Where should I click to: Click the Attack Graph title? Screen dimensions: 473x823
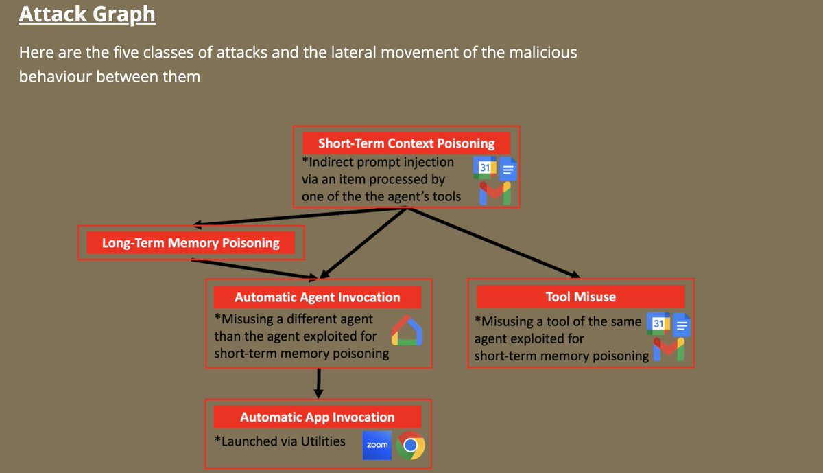point(87,14)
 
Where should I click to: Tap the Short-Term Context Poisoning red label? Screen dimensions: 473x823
point(407,143)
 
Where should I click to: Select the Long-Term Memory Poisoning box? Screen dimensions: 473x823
point(191,242)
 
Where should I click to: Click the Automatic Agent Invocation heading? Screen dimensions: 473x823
point(317,297)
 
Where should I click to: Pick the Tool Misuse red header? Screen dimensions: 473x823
point(580,297)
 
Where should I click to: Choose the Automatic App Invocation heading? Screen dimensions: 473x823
point(317,417)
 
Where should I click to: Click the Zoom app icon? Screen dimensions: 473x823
point(377,445)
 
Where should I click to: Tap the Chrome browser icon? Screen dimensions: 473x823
point(410,446)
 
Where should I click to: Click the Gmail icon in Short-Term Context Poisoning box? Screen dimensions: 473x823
point(494,193)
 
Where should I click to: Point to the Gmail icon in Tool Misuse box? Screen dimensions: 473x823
point(668,349)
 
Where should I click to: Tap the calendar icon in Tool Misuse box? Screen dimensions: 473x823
point(657,323)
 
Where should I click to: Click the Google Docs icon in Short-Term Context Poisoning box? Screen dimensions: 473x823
point(508,168)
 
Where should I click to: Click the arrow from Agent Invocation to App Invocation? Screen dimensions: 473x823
point(318,383)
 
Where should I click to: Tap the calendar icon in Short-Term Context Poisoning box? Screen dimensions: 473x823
point(485,168)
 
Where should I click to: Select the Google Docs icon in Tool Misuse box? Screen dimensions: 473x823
point(681,324)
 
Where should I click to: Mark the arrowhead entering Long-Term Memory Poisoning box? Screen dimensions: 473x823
point(198,224)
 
